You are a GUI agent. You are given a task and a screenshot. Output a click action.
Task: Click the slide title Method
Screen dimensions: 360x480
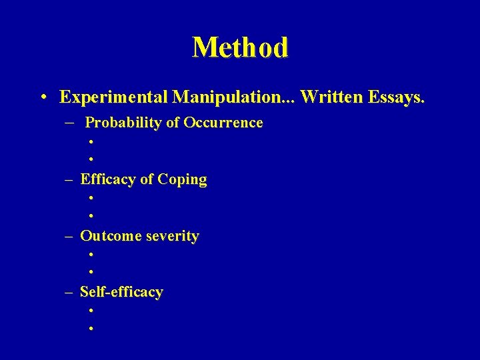[x=240, y=48]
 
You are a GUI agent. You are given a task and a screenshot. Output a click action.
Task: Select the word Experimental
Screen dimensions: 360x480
[x=114, y=97]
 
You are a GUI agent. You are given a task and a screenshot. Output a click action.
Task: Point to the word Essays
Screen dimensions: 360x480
[x=394, y=97]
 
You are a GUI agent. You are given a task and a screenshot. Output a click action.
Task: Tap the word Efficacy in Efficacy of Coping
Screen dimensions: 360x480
[x=107, y=179]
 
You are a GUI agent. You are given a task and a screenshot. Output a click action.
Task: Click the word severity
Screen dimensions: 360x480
[x=170, y=237]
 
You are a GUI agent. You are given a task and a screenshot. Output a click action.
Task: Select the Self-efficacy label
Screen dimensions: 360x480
[x=121, y=292]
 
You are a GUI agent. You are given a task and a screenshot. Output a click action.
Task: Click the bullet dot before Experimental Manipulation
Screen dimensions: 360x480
[x=42, y=98]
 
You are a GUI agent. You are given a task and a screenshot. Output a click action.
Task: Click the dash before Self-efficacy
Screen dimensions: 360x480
[x=69, y=293]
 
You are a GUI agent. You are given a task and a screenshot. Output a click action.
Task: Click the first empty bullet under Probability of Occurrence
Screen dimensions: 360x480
[x=89, y=141]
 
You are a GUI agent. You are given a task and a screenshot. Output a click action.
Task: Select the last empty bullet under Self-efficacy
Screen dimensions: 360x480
[x=89, y=329]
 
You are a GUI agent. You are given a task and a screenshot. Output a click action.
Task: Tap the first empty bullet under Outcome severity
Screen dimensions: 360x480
[x=89, y=254]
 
